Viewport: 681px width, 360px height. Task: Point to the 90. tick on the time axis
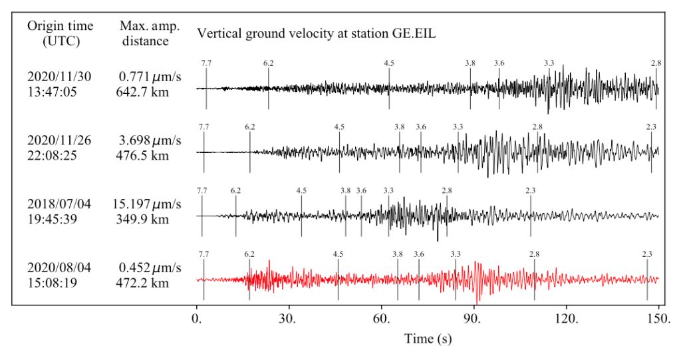pos(474,318)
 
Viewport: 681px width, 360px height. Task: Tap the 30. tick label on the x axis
pos(289,318)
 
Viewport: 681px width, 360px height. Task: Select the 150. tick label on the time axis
pos(658,318)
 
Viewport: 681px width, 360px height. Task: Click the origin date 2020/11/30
pos(59,77)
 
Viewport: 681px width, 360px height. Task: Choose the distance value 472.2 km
pos(142,283)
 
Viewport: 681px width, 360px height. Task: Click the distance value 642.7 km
pos(142,92)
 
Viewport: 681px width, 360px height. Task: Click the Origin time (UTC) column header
pos(60,33)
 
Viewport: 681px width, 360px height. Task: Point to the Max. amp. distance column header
pos(144,33)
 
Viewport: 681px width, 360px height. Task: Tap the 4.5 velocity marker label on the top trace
pos(389,63)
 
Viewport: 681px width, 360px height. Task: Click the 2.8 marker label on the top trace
pos(656,63)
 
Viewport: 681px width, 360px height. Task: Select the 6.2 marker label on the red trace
pos(249,254)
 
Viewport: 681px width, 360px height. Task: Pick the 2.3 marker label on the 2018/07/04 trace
pos(531,190)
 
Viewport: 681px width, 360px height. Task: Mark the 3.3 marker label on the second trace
pos(458,126)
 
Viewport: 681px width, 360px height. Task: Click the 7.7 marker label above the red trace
pos(204,254)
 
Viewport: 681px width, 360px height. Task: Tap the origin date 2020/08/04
pos(59,268)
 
